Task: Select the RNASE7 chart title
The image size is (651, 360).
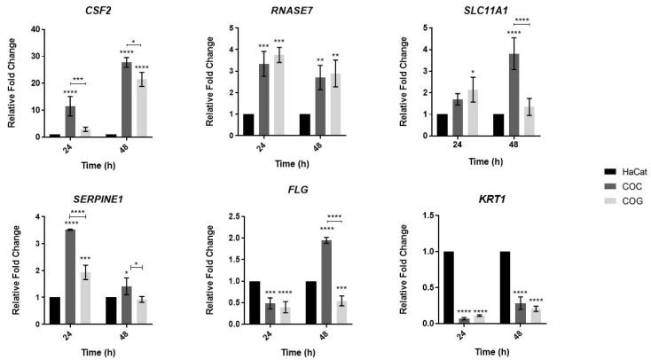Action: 286,12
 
